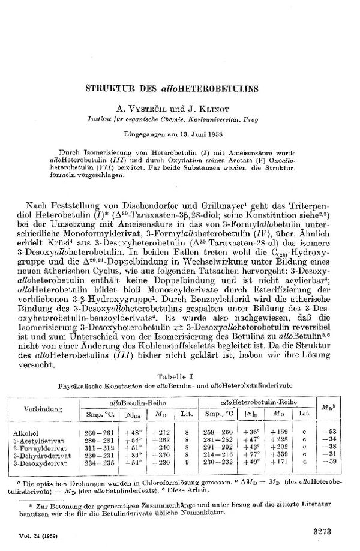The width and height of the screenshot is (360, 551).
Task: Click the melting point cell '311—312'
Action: tap(95, 448)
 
